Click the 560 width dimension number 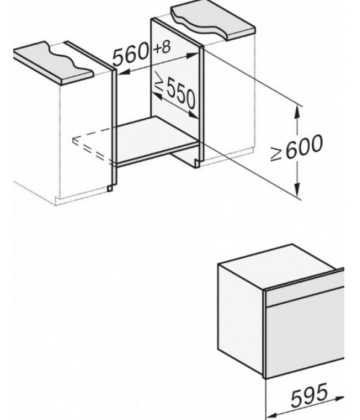131,55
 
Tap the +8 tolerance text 162,48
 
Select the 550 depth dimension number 181,95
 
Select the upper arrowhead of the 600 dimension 297,111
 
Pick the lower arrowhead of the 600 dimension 297,189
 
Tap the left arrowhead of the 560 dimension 124,72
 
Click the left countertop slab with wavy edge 54,63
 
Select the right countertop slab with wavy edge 213,21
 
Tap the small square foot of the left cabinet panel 110,189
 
